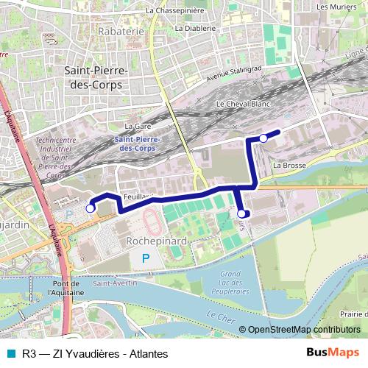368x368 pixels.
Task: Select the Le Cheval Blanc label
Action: click(x=244, y=105)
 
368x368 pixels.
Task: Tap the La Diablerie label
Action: click(x=196, y=28)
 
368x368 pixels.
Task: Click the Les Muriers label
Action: click(x=333, y=7)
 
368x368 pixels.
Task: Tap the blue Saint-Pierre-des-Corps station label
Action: click(x=140, y=143)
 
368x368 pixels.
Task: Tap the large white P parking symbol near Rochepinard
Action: click(x=145, y=258)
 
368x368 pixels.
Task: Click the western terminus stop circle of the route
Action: click(x=91, y=209)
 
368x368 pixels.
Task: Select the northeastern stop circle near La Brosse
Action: click(x=263, y=138)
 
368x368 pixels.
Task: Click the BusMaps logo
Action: click(x=333, y=353)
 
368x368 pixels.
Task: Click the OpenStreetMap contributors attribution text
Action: click(x=304, y=330)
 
